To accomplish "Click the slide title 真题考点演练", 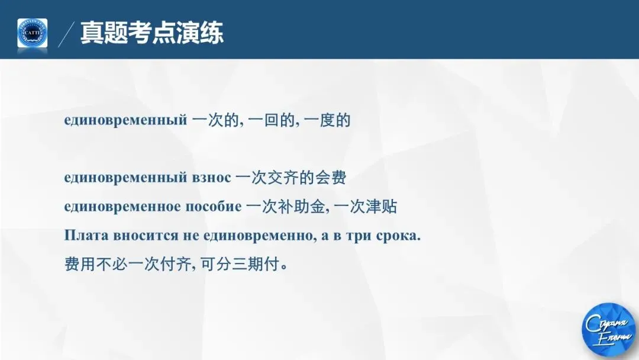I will click(x=152, y=33).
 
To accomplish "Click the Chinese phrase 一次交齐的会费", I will click(x=291, y=177).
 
